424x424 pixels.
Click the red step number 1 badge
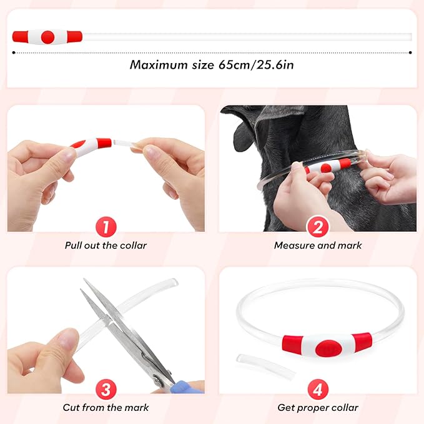click(x=106, y=227)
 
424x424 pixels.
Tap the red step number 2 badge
click(x=317, y=227)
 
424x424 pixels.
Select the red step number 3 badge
click(x=106, y=389)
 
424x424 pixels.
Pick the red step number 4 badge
click(x=317, y=389)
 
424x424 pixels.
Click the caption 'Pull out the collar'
click(x=106, y=245)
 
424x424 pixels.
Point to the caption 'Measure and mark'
click(x=317, y=245)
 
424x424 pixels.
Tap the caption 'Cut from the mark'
click(x=106, y=408)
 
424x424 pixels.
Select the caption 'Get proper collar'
click(x=317, y=408)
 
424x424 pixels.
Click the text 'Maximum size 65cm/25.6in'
click(x=212, y=64)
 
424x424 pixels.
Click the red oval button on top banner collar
click(x=47, y=37)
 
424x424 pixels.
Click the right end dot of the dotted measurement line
click(x=410, y=53)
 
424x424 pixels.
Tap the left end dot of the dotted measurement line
click(x=14, y=53)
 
